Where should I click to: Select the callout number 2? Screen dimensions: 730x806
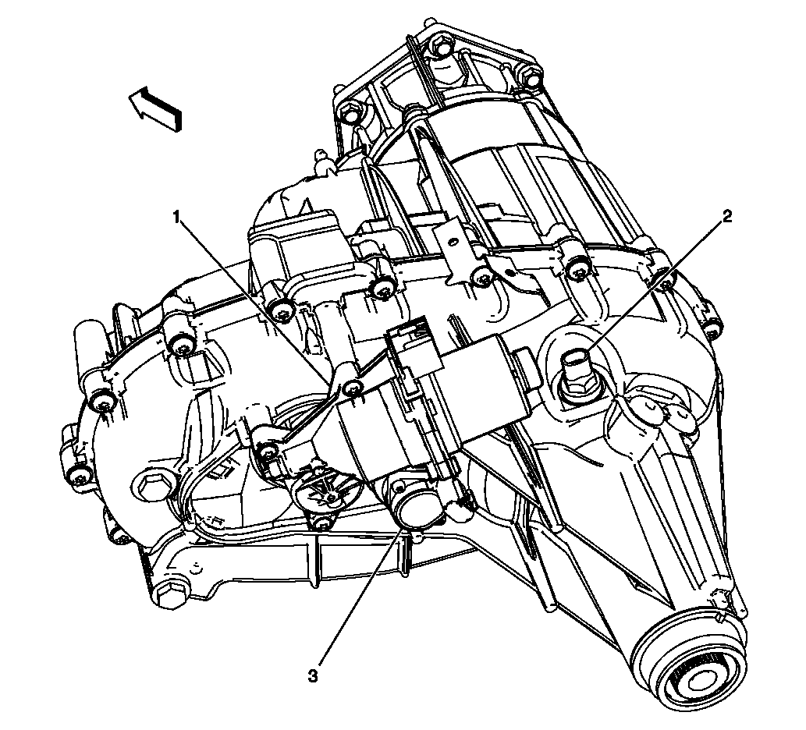pos(727,217)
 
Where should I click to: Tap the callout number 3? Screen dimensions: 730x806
pos(314,675)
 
